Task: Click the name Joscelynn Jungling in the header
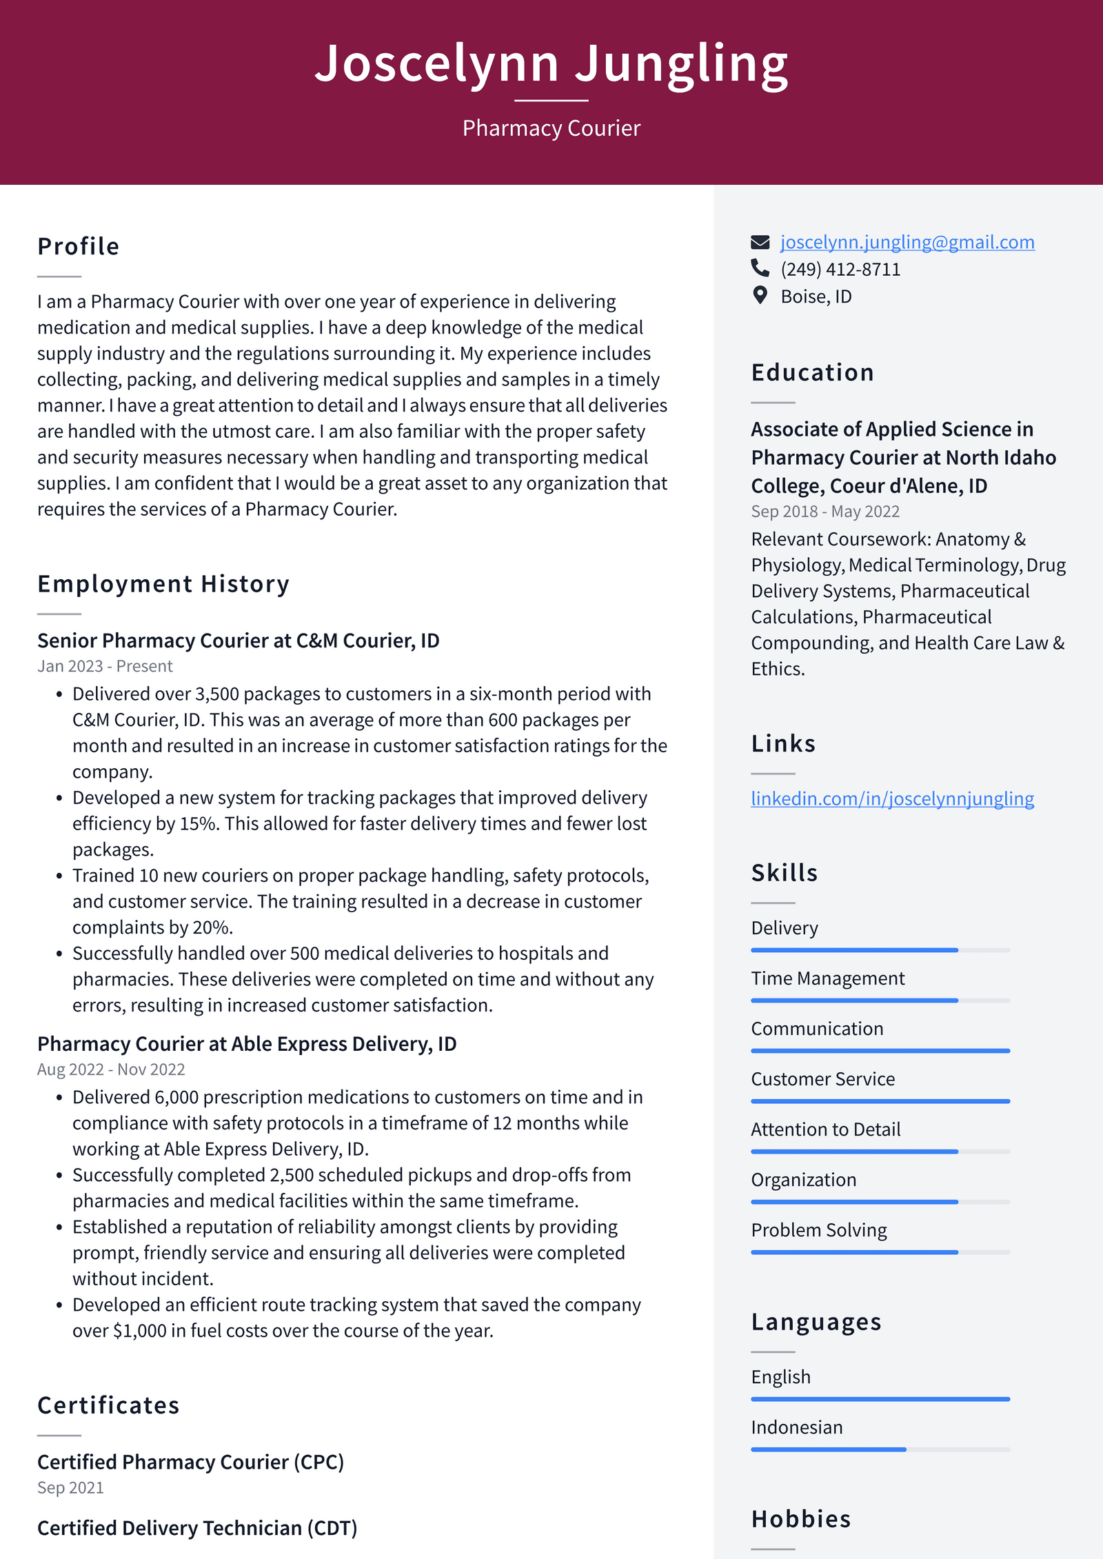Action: pos(551,63)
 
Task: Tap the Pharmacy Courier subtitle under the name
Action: pos(551,128)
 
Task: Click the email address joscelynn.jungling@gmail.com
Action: pos(907,242)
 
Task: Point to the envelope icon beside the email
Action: pos(760,242)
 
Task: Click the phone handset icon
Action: pos(760,268)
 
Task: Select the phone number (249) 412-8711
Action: pos(840,270)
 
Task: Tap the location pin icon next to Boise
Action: pos(760,295)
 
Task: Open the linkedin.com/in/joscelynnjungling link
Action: pos(892,798)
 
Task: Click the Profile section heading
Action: pos(79,247)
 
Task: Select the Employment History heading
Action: pos(163,584)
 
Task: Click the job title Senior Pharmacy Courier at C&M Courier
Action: pos(239,641)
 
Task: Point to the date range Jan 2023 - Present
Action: pos(105,666)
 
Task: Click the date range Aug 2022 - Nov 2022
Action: pos(111,1069)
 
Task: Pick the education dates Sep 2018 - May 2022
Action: pos(825,512)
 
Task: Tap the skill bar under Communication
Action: pos(880,1051)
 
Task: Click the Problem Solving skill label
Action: pos(819,1230)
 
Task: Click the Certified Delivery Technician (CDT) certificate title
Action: pos(197,1528)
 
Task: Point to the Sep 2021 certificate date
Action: pos(70,1488)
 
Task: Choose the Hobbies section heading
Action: pos(801,1519)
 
